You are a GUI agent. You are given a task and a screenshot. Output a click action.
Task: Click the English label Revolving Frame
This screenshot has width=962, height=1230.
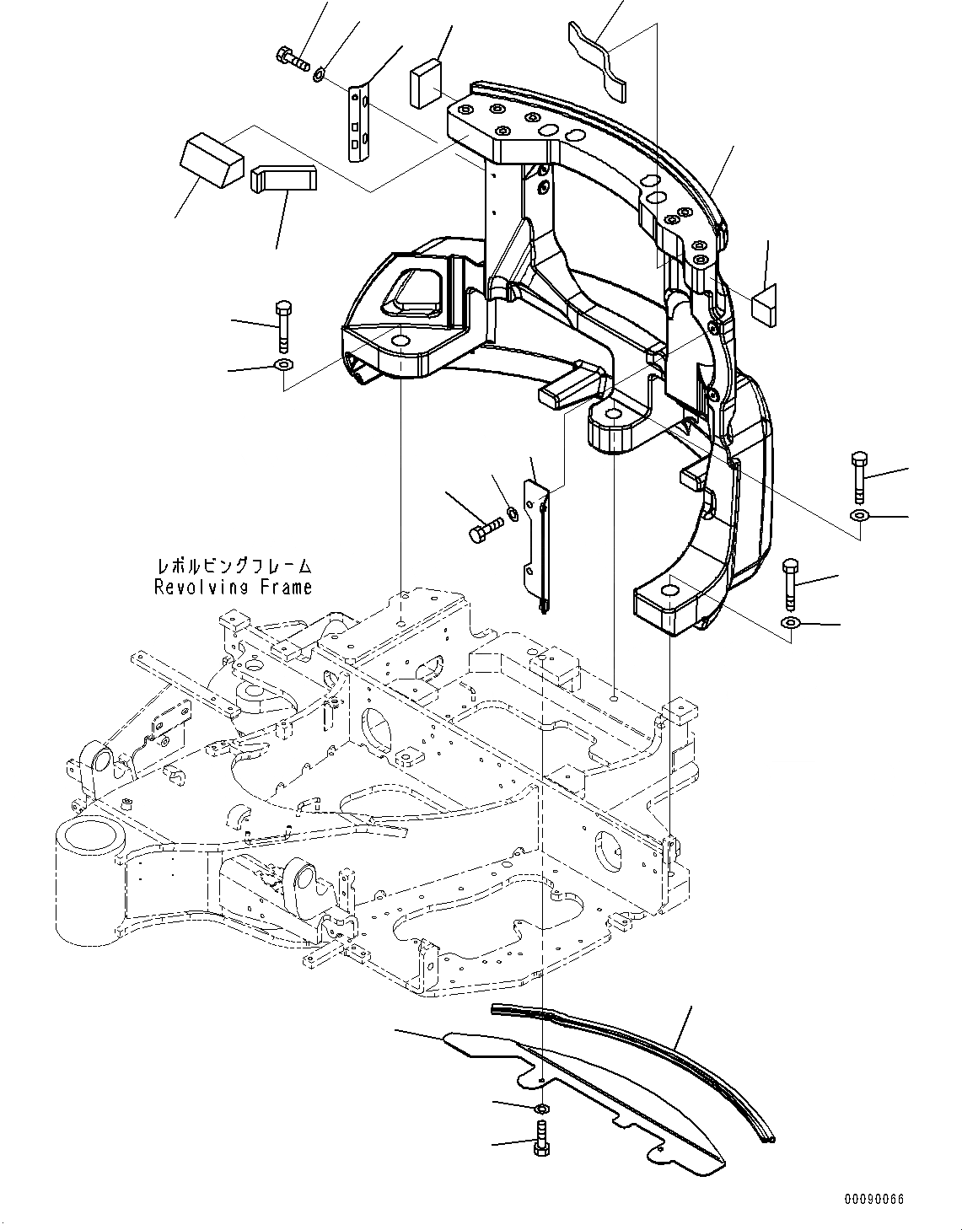(233, 588)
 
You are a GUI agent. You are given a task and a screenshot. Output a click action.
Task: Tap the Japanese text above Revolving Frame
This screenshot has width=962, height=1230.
(233, 566)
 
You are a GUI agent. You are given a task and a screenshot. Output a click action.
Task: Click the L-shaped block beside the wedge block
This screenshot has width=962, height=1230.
(282, 178)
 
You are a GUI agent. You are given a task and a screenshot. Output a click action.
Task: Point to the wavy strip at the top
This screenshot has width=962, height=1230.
(599, 62)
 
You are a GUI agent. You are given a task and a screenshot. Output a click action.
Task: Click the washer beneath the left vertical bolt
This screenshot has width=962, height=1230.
(282, 365)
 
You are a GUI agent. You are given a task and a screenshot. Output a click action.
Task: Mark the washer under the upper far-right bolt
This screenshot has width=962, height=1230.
(858, 516)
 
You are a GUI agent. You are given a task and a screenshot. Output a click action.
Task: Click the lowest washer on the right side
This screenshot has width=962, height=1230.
(790, 623)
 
